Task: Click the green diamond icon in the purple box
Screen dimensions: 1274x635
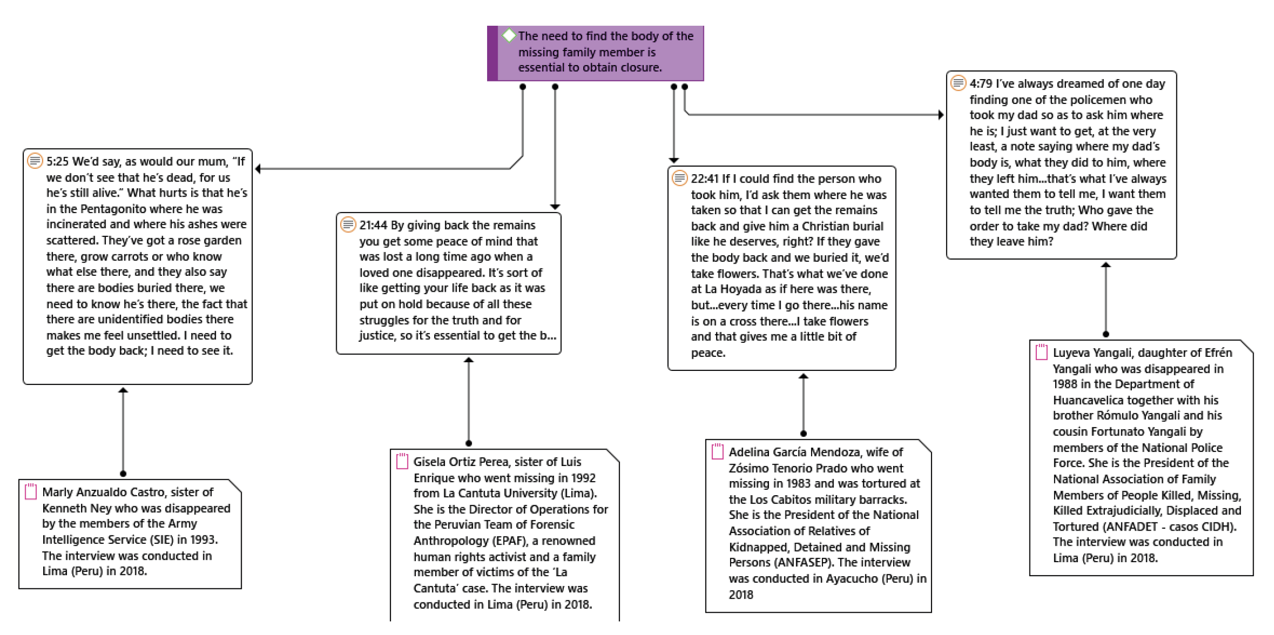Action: pos(509,35)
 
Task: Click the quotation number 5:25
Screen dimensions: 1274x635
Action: pos(57,162)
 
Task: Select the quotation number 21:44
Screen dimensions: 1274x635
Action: pos(374,225)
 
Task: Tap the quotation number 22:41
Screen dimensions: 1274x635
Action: pos(705,179)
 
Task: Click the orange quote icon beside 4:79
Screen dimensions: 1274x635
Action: pos(959,83)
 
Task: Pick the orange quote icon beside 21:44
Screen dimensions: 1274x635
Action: pos(348,225)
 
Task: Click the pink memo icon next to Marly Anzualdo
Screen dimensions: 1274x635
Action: pos(31,491)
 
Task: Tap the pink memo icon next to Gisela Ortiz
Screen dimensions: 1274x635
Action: pos(402,461)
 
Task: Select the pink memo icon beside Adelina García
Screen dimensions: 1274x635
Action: pos(718,451)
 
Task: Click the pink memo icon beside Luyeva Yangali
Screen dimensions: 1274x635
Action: pos(1042,352)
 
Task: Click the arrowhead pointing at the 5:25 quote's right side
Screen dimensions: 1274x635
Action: pos(258,169)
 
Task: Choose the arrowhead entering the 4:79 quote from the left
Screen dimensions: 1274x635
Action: pos(941,115)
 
